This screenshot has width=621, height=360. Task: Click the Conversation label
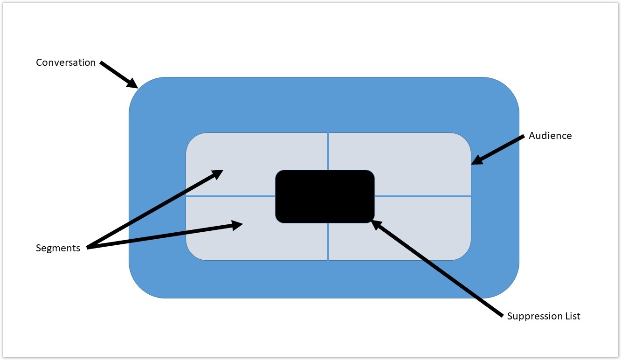tap(66, 62)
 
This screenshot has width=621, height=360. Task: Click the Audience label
tap(550, 136)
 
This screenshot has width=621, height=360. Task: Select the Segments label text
tap(58, 248)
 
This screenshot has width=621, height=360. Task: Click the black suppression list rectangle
tap(325, 196)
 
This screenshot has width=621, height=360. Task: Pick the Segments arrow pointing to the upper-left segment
tap(154, 209)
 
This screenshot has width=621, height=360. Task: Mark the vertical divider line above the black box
tap(328, 152)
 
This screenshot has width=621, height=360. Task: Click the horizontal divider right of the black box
tap(422, 196)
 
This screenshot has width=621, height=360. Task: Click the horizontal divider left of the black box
tap(231, 196)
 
